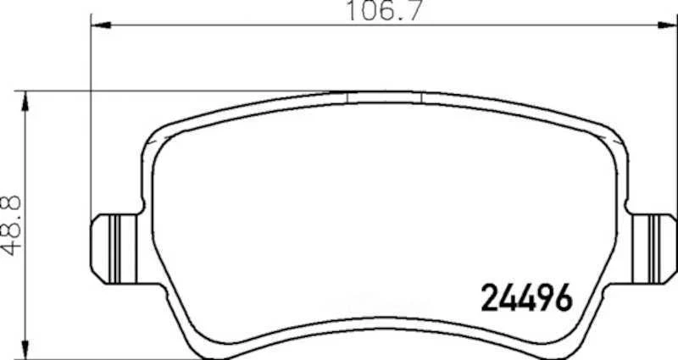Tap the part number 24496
pyautogui.click(x=528, y=297)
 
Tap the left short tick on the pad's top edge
pyautogui.click(x=348, y=97)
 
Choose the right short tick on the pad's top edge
pyautogui.click(x=421, y=97)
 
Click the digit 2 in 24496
pyautogui.click(x=491, y=297)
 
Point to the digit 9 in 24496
pyautogui.click(x=547, y=297)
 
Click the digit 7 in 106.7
pyautogui.click(x=413, y=11)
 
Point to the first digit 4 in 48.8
pyautogui.click(x=12, y=246)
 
